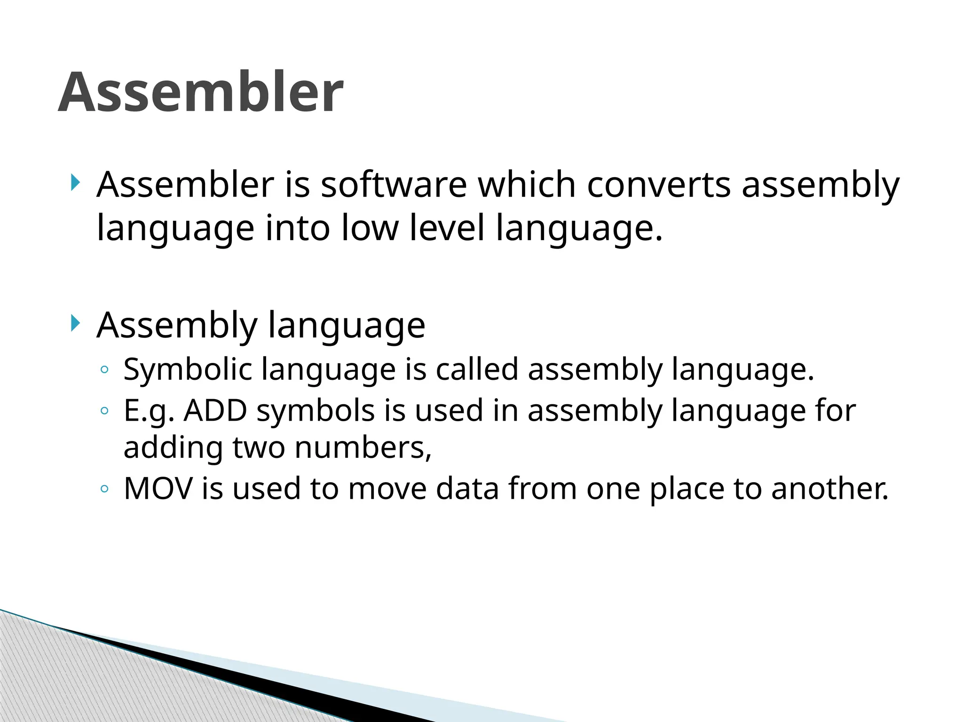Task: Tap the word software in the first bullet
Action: point(394,185)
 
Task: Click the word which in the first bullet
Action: point(527,185)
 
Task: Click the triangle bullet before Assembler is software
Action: point(75,182)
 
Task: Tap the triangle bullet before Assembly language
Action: point(75,323)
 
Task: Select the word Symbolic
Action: point(188,369)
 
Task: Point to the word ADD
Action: point(215,410)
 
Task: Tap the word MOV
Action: point(158,488)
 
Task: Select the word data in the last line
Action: point(467,488)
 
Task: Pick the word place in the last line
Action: point(687,489)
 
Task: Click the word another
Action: point(829,488)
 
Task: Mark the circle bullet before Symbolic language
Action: point(104,370)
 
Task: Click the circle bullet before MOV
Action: point(104,489)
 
